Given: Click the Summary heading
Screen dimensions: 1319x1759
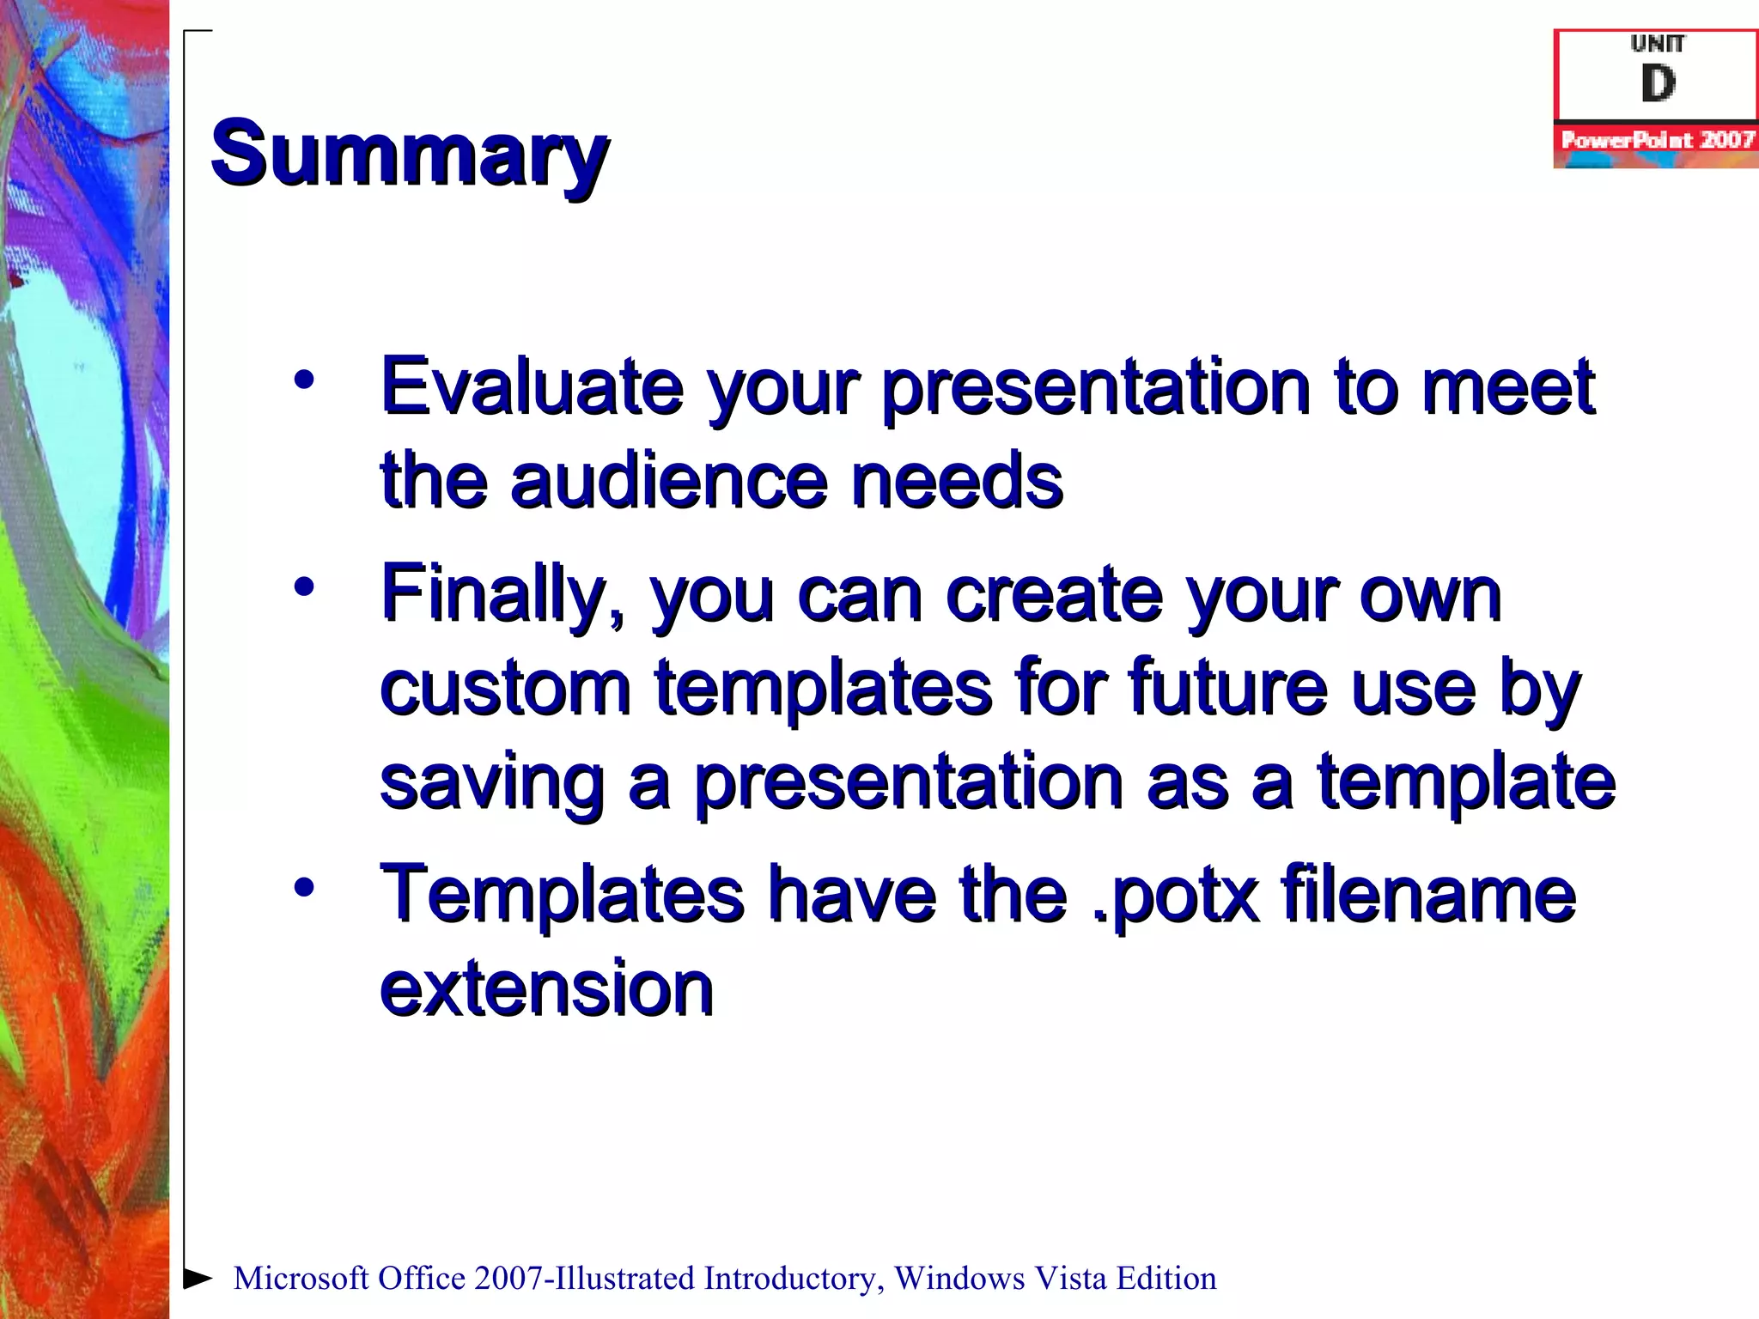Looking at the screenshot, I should [x=409, y=155].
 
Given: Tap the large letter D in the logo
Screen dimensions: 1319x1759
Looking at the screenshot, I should [x=1658, y=84].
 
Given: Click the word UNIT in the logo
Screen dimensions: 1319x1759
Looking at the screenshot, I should [x=1658, y=43].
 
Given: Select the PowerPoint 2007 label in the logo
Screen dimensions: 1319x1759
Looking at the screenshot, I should [x=1658, y=140].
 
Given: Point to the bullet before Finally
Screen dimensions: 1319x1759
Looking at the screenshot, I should [x=303, y=587].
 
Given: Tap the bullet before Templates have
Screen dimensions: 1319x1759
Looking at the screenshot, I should [x=303, y=887].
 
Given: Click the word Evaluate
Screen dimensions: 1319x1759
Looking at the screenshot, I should [x=532, y=386].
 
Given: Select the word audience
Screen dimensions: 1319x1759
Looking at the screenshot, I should [x=670, y=481].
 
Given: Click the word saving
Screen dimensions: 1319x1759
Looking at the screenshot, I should [x=492, y=783].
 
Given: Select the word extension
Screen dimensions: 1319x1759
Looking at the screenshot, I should [x=546, y=989].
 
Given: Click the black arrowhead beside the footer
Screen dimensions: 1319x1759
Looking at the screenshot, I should [x=198, y=1278].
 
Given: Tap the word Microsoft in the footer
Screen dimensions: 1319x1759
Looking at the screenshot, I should [x=301, y=1279].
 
